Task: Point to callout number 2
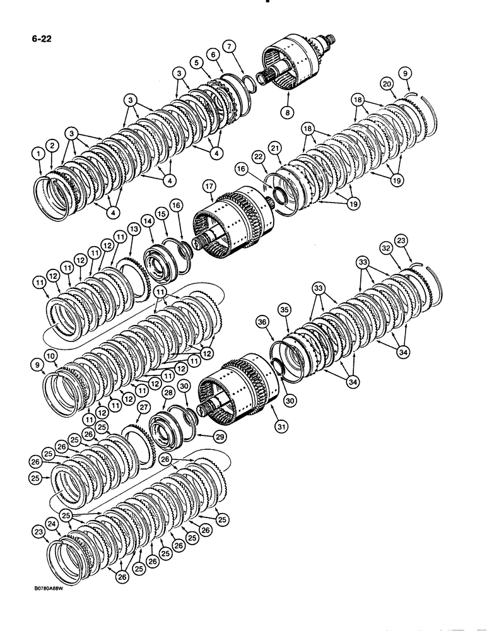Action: point(52,146)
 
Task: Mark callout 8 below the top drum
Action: point(288,112)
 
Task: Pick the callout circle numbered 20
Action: point(387,83)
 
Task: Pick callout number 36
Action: point(262,321)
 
